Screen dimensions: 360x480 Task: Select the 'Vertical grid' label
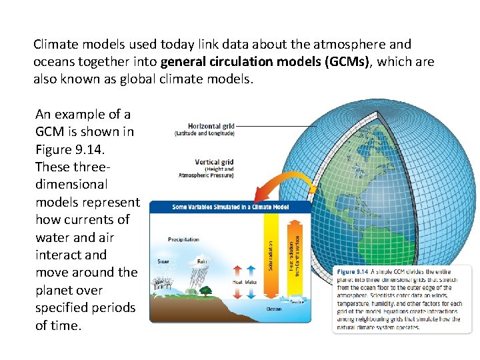pyautogui.click(x=214, y=162)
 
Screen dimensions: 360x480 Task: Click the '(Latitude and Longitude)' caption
pyautogui.click(x=205, y=133)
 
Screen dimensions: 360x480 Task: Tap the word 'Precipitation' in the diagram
pyautogui.click(x=183, y=240)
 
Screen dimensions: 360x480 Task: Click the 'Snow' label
pyautogui.click(x=163, y=261)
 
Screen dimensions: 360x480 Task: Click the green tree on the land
pyautogui.click(x=205, y=289)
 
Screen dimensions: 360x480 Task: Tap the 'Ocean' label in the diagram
pyautogui.click(x=274, y=309)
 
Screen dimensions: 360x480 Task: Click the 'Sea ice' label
pyautogui.click(x=297, y=302)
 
